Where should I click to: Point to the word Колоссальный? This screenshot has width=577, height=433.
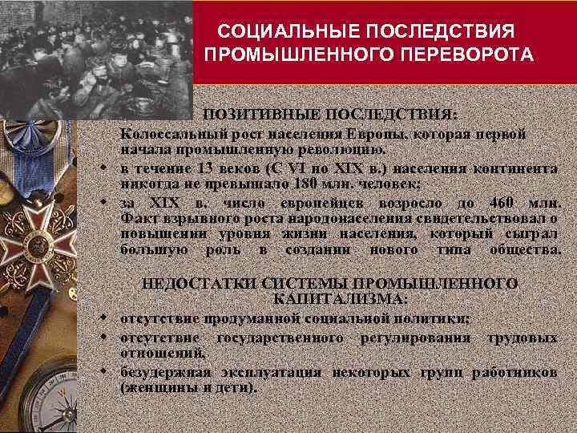coord(168,133)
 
